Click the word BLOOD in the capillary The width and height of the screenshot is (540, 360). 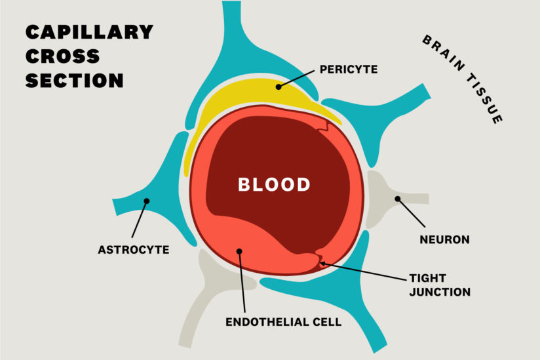[274, 184]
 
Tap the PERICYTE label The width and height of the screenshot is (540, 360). [349, 68]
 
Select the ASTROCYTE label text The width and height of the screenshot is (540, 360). [134, 250]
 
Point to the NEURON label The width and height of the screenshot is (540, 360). [444, 239]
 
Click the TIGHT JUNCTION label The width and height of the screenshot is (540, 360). [440, 285]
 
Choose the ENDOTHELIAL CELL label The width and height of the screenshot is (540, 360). [283, 323]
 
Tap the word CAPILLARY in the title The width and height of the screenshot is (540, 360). [89, 31]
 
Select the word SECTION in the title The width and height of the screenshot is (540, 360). [74, 81]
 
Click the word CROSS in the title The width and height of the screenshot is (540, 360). [63, 56]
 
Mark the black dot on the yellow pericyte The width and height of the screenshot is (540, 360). [279, 86]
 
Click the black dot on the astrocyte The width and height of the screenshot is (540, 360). [147, 201]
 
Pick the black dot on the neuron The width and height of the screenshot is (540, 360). [397, 198]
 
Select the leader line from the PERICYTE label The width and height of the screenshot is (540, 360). [298, 78]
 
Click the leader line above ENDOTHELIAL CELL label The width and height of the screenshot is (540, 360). [242, 282]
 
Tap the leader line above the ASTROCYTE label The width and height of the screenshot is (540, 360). [140, 220]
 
